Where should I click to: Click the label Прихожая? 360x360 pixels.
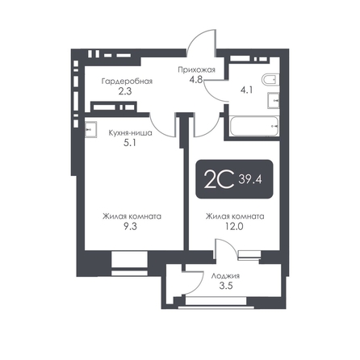(196, 70)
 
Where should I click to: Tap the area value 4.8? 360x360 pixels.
(195, 80)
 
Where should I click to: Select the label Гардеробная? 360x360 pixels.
(127, 81)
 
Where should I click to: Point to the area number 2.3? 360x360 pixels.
(125, 91)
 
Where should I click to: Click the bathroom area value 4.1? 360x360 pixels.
(246, 90)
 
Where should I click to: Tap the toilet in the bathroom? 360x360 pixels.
(270, 80)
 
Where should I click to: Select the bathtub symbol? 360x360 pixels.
(254, 126)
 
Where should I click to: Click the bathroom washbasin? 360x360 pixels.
(274, 100)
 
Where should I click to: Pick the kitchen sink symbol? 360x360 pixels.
(90, 129)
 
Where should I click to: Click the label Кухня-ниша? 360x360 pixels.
(131, 133)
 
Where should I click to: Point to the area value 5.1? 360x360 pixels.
(130, 143)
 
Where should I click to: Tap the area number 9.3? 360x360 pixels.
(130, 226)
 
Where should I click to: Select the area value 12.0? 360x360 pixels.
(234, 226)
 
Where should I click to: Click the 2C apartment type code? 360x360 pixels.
(219, 179)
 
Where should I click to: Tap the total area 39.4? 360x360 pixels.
(250, 179)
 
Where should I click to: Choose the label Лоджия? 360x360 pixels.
(225, 276)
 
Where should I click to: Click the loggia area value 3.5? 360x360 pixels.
(226, 286)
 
